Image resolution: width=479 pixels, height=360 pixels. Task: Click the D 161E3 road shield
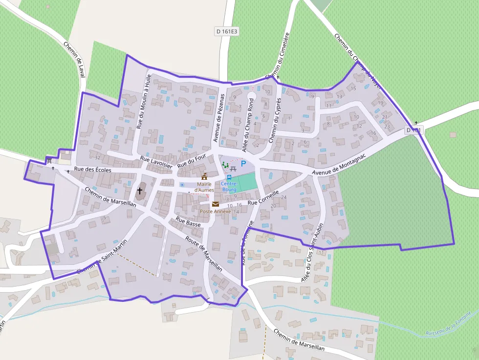click(x=227, y=31)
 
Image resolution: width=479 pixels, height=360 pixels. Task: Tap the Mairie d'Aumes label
click(x=204, y=187)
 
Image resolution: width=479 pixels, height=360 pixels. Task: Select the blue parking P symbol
click(x=243, y=165)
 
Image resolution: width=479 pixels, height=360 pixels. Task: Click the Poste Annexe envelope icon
click(x=216, y=204)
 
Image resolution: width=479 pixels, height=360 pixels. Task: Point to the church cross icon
click(x=140, y=191)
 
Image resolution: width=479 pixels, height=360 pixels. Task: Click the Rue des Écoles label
click(x=92, y=170)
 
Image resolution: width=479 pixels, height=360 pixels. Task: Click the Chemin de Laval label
click(x=74, y=59)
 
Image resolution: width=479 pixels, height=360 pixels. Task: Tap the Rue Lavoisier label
click(x=156, y=162)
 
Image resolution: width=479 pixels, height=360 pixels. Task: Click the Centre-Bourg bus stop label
click(x=229, y=186)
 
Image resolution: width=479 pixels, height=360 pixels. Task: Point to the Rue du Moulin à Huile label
click(x=143, y=101)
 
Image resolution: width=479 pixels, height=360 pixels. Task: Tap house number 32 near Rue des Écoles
click(x=98, y=157)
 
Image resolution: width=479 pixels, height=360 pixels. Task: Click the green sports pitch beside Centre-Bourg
click(x=246, y=182)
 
